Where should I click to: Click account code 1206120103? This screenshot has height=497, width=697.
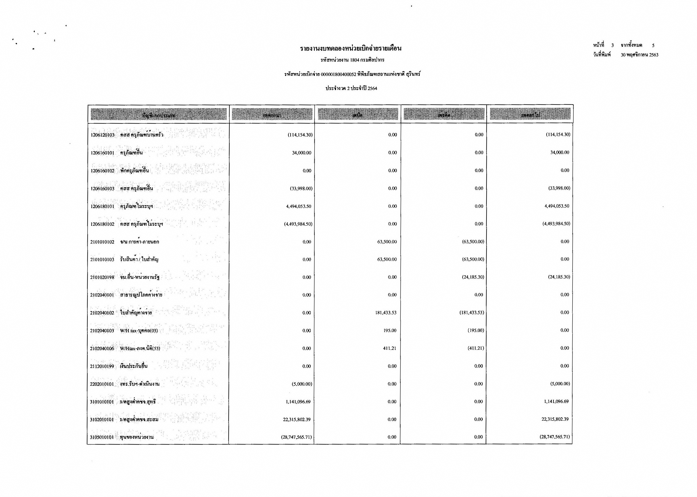(102, 135)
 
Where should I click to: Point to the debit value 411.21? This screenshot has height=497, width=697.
(390, 348)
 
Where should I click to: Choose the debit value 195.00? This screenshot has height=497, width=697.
(390, 330)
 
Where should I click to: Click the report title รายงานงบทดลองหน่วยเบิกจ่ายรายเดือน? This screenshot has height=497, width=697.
(351, 48)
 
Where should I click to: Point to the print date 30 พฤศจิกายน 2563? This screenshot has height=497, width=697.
(640, 55)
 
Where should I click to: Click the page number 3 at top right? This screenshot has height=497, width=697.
(612, 45)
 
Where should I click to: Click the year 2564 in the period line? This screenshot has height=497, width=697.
(372, 89)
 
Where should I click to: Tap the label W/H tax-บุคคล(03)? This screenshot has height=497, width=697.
(139, 330)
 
